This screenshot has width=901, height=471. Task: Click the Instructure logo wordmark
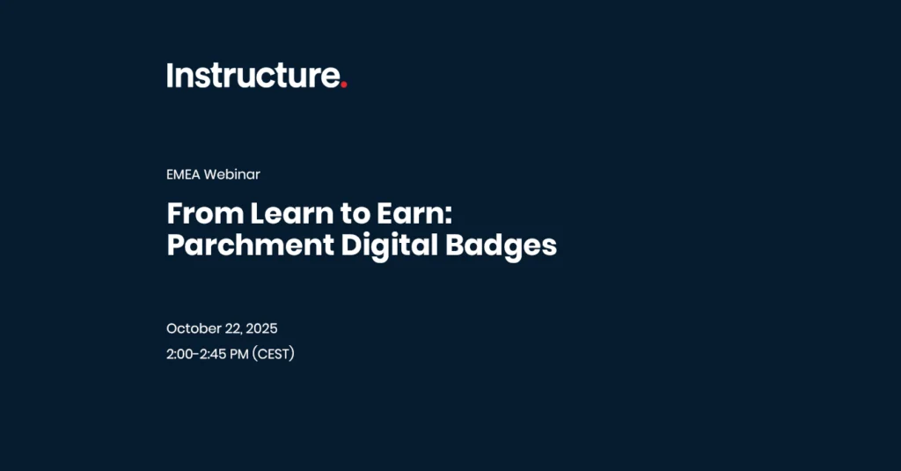257,76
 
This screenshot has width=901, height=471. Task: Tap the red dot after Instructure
344,85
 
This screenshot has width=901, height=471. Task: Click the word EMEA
183,174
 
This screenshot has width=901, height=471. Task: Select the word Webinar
231,174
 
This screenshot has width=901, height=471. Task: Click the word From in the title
205,213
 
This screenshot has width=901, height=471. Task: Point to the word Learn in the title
292,213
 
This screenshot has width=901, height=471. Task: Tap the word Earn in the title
410,213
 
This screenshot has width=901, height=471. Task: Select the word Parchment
251,245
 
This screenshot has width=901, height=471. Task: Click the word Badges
501,247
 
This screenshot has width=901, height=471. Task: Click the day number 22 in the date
232,329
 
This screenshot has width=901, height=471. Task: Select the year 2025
261,328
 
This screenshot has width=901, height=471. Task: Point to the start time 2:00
179,354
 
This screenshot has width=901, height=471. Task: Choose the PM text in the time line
239,354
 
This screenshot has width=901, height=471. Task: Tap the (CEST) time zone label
274,354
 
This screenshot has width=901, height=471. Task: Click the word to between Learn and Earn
355,214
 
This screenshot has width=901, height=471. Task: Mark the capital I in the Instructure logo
170,76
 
